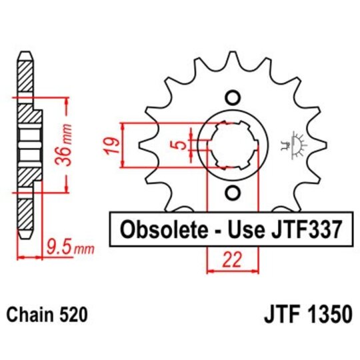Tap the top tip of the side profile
tap(25, 55)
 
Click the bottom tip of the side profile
tap(25, 236)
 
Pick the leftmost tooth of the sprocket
tap(144, 144)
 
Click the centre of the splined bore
tap(231, 145)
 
